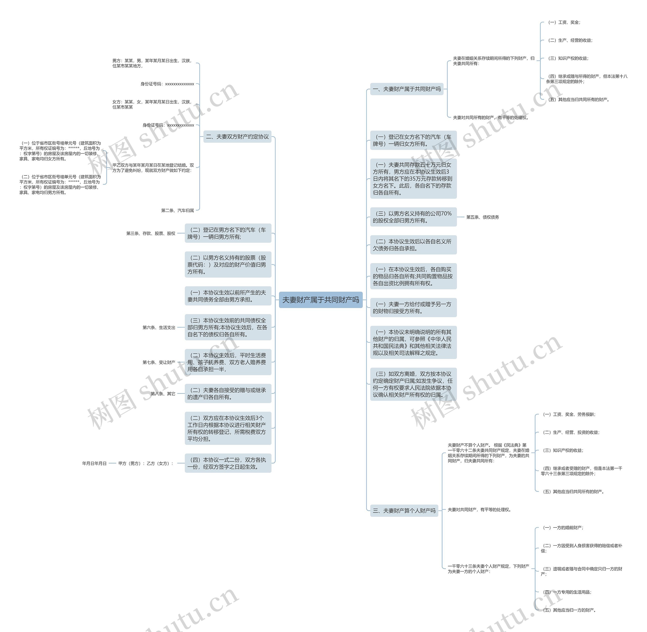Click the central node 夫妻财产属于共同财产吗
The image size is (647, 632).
point(320,300)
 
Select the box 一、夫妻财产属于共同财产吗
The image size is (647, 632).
point(406,89)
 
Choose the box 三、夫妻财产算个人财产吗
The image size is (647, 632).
point(404,511)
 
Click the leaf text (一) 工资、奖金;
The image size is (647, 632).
point(564,22)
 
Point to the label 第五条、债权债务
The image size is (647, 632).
point(482,217)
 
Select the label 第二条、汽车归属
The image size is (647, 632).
point(177,210)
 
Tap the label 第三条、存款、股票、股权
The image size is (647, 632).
point(151,233)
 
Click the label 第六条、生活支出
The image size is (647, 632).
point(159,328)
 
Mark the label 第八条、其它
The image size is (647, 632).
point(163,394)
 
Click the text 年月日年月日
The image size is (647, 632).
point(94,463)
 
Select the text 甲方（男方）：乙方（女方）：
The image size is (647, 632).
point(146,463)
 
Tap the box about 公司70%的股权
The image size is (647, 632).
point(413,217)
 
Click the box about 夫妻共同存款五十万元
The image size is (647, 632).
point(413,179)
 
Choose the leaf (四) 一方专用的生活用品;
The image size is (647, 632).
point(567,592)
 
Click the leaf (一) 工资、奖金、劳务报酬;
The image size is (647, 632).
point(569,414)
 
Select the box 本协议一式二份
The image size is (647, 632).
point(228,463)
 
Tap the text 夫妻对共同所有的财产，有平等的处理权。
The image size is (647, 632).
point(491,117)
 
